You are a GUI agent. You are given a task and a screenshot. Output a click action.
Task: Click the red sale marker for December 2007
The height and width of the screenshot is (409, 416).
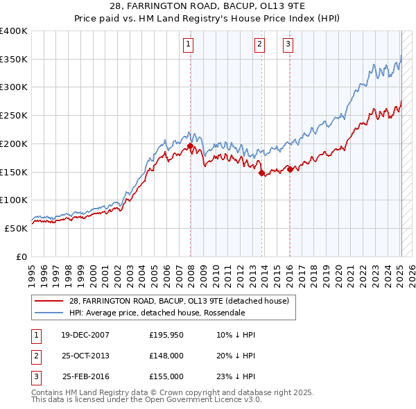190,146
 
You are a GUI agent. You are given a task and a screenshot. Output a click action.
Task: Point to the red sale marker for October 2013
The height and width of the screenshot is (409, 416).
261,173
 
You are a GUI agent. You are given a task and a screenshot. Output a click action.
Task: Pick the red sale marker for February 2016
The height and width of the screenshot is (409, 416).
290,169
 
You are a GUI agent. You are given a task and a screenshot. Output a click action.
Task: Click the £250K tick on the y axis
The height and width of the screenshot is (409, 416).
14,116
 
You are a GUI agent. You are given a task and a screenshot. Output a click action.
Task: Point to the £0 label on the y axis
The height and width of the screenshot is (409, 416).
21,256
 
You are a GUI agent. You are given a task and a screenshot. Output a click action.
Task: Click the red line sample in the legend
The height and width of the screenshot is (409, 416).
49,301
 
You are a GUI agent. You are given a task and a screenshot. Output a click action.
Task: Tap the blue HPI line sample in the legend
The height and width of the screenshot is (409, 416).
49,313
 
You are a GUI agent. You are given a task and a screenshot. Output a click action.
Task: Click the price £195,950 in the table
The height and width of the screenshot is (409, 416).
166,335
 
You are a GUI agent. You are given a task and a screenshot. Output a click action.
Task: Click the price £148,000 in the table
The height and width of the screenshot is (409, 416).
166,356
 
